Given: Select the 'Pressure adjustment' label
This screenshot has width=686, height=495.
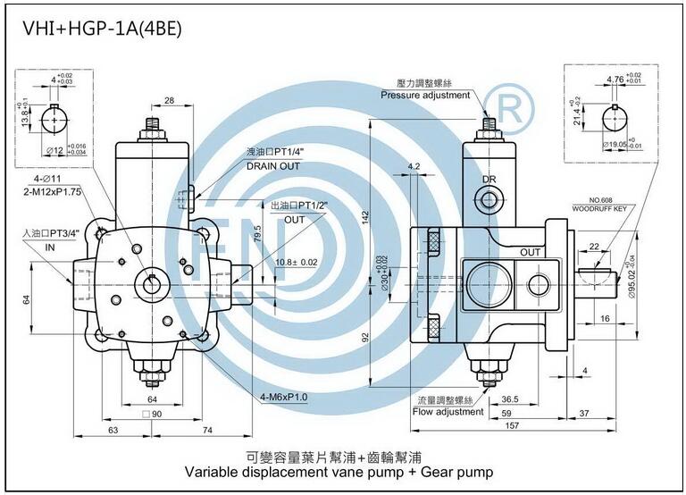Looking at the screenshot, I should pos(424,95).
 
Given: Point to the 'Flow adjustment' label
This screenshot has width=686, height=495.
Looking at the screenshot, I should pos(448,412).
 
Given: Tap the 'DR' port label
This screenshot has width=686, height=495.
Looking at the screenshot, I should pos(489,180).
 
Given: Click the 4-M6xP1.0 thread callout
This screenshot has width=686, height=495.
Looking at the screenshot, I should pos(284,397).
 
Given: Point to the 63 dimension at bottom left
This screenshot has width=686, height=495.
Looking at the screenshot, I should pos(113,430).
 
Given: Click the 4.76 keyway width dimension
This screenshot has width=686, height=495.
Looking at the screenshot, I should pos(615,80).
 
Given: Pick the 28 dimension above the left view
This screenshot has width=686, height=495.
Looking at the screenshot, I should pos(169,100).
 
